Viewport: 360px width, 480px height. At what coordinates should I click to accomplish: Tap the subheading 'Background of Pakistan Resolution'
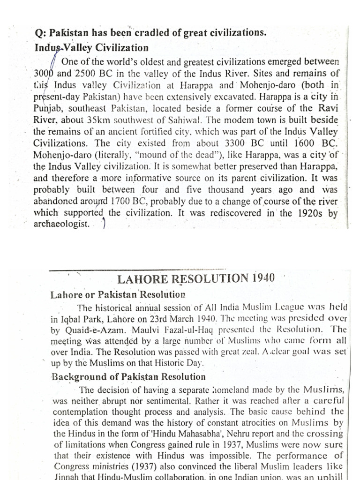pyautogui.click(x=128, y=376)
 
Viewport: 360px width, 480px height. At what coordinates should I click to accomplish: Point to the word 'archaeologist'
pyautogui.click(x=61, y=224)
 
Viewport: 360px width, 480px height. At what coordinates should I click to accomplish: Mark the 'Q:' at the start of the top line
pyautogui.click(x=42, y=33)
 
